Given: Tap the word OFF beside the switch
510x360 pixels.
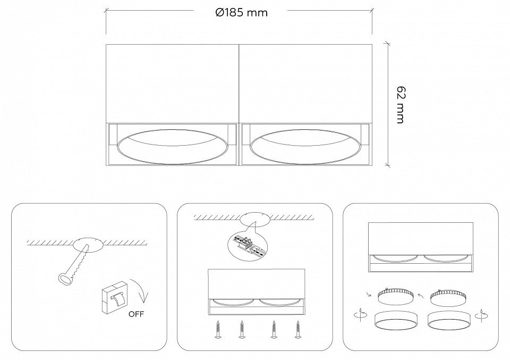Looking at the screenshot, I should click(136, 314).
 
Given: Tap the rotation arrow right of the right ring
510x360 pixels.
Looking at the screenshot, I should click(482, 315).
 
